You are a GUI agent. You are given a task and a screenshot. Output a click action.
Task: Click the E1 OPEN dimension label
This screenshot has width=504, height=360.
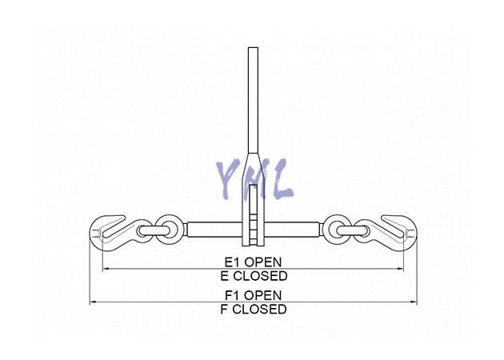pos(253,262)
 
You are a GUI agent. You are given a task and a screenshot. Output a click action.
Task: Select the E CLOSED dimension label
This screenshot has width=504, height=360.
pos(254,276)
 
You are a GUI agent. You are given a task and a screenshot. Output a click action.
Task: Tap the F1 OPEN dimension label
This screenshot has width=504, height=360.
pos(253,295)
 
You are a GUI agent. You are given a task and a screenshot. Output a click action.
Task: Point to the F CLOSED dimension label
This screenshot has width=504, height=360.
pos(254,310)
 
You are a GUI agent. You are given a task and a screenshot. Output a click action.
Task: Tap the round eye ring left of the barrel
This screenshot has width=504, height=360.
pos(167,230)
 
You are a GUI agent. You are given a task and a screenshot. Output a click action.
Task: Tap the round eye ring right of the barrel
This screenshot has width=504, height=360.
pos(338,230)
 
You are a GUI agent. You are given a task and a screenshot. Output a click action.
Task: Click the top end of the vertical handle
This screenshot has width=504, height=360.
pos(253,48)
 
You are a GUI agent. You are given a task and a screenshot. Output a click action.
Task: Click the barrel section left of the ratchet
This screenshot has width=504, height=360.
pos(214,230)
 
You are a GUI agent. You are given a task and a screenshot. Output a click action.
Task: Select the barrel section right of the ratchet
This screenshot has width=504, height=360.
pos(293,230)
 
